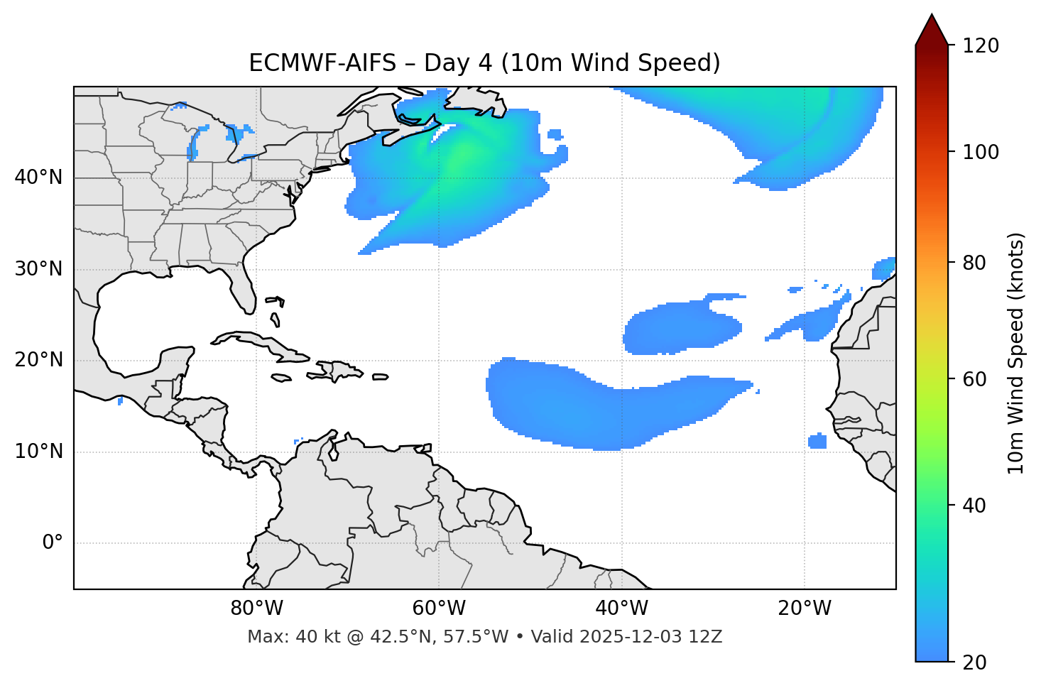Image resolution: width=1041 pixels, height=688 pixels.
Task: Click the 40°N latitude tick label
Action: click(x=38, y=178)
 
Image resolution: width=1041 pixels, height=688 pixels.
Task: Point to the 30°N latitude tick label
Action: click(x=38, y=269)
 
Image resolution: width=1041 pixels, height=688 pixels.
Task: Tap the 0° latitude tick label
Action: click(x=53, y=543)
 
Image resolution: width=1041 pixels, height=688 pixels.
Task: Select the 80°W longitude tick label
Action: click(x=256, y=608)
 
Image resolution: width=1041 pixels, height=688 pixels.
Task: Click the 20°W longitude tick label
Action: click(x=805, y=608)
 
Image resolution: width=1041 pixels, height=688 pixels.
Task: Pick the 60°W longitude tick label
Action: click(x=439, y=608)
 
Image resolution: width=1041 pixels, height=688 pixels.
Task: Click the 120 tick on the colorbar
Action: click(x=981, y=46)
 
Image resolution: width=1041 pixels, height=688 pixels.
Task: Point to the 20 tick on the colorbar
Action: click(x=974, y=662)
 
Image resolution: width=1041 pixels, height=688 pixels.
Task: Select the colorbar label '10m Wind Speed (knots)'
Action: click(x=1016, y=353)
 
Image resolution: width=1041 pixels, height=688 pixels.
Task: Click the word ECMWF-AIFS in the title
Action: click(x=322, y=63)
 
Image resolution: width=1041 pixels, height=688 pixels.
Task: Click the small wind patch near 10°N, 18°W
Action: click(x=817, y=442)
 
